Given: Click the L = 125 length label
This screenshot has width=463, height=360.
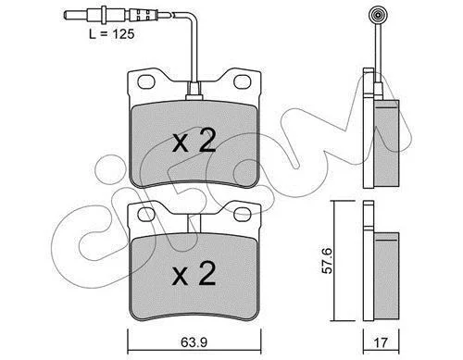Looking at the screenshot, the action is [112, 34].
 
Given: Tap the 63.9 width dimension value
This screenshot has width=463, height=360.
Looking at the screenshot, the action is [194, 342].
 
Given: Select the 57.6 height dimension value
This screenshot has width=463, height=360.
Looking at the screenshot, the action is [327, 260].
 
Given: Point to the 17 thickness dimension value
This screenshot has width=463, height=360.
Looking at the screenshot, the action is [381, 343].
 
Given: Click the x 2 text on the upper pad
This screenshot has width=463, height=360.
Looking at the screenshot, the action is [194, 141].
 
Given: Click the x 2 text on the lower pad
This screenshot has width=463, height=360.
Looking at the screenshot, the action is [194, 273].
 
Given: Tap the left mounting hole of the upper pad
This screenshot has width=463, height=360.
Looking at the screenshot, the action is [146, 81].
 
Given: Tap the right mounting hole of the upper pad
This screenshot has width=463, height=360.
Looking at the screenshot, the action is [243, 81].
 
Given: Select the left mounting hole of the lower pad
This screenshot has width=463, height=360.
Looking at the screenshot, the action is [146, 215].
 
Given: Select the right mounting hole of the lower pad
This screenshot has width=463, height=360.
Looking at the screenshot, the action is [243, 215].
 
